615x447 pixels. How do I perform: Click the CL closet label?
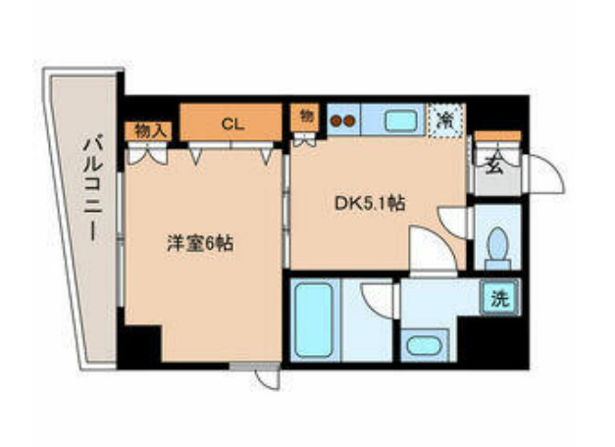[231, 124]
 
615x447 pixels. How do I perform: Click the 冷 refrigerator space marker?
[445, 122]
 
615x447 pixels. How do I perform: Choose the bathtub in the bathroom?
[316, 321]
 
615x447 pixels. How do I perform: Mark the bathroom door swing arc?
[377, 297]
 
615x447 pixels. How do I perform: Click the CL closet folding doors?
[231, 150]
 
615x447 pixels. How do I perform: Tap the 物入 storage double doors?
[146, 152]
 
